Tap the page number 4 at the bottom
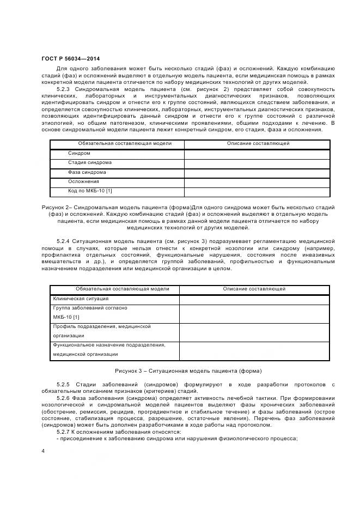[44, 451]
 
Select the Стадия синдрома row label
[90, 163]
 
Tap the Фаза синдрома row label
[87, 172]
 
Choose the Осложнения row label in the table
[83, 181]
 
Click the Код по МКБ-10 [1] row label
[90, 191]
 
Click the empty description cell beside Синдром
[257, 154]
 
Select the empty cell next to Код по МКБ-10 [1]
[257, 191]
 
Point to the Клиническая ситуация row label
[81, 299]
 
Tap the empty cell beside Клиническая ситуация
[254, 299]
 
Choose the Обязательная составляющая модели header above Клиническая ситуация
[115, 289]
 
